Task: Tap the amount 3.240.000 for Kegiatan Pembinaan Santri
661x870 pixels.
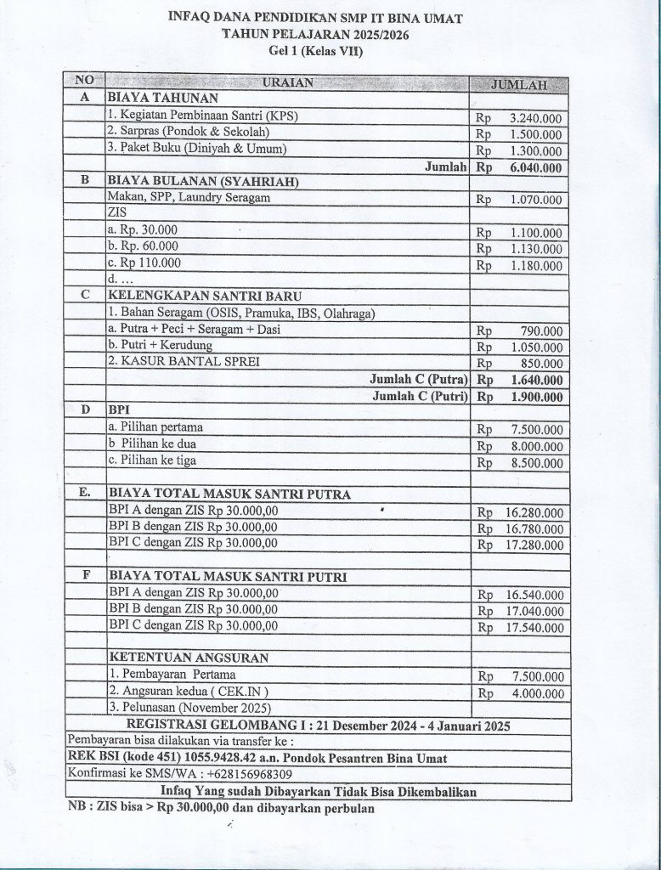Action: [x=534, y=119]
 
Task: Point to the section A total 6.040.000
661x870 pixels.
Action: [x=534, y=168]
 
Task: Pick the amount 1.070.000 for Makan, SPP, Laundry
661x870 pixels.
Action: [x=535, y=201]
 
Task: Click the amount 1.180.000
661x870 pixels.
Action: [x=535, y=266]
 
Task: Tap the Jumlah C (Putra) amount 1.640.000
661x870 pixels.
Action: [x=534, y=380]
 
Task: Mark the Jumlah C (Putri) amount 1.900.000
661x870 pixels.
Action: [x=534, y=397]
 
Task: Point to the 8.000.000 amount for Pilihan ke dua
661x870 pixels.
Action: [x=534, y=446]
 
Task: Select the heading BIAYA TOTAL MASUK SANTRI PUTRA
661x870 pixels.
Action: [x=229, y=494]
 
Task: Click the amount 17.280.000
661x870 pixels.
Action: [x=532, y=545]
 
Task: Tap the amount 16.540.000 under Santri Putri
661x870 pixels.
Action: [x=532, y=595]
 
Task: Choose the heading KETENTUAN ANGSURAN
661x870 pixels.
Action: [x=189, y=658]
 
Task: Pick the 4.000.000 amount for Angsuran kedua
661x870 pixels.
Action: [x=534, y=693]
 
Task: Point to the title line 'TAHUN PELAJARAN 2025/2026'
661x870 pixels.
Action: [x=320, y=35]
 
